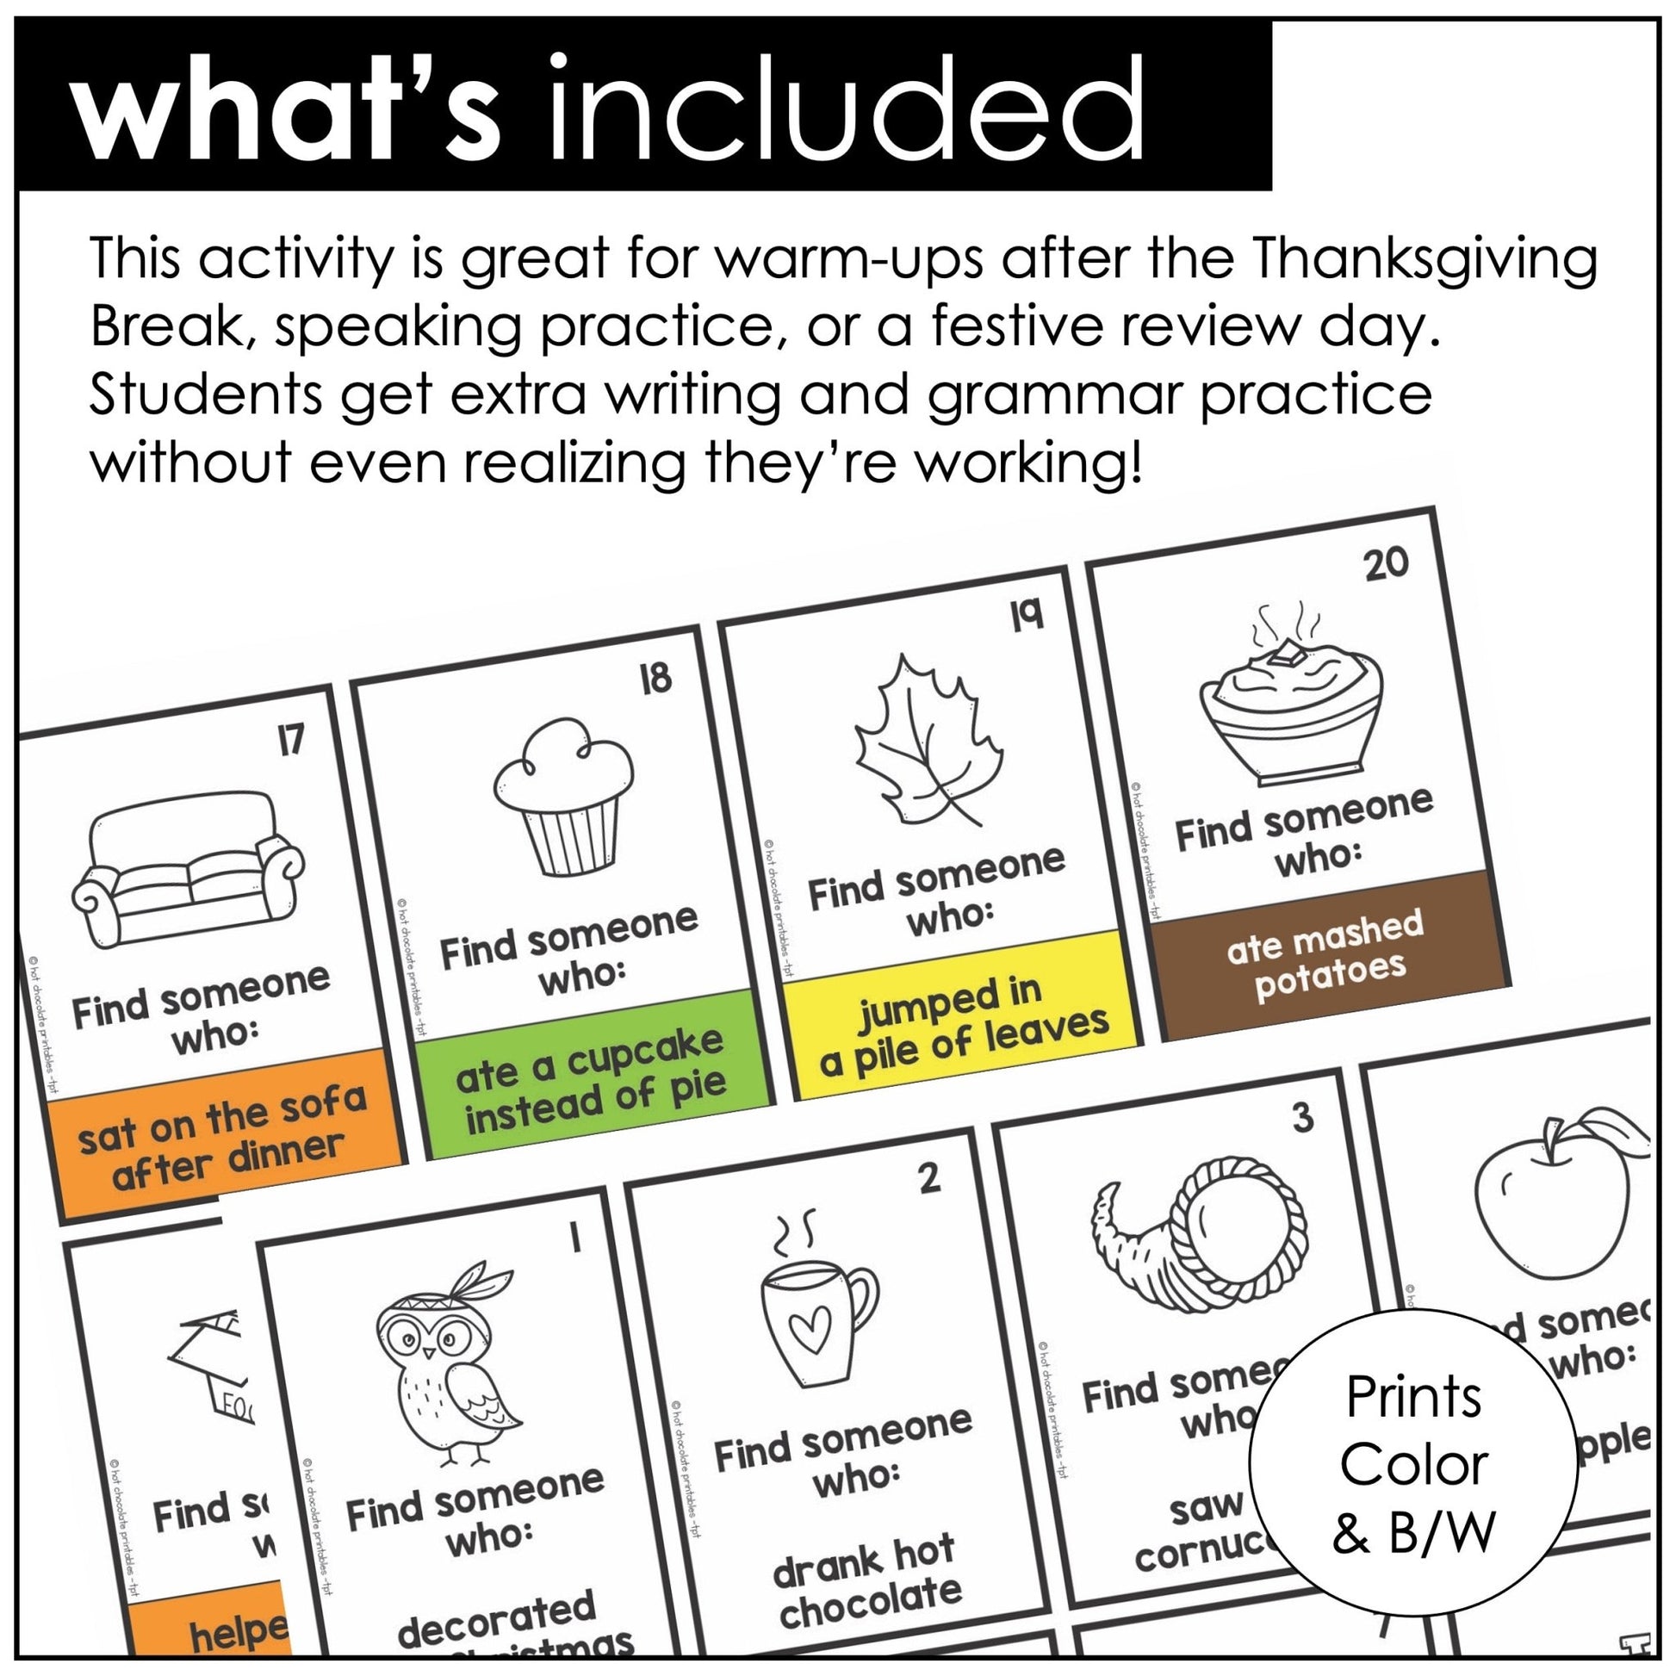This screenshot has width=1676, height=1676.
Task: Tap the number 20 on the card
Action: pos(1387,564)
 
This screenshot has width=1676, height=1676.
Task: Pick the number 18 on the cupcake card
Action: pos(655,677)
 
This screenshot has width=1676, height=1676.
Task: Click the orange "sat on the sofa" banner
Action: pos(226,1136)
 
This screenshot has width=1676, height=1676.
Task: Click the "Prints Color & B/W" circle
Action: pos(1413,1464)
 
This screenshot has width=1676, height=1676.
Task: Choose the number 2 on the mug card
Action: pos(928,1178)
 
